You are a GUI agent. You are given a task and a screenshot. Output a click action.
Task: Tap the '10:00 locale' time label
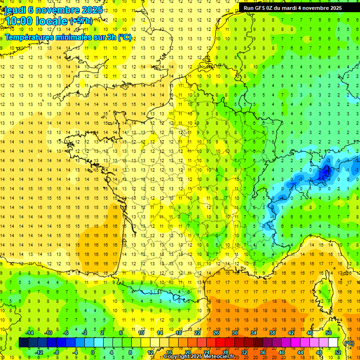(x=37, y=21)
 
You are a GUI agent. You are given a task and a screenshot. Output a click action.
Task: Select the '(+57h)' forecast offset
(x=81, y=21)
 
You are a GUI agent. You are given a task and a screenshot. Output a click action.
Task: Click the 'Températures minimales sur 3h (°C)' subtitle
(x=68, y=37)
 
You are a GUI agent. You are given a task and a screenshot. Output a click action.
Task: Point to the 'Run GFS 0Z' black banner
(x=292, y=7)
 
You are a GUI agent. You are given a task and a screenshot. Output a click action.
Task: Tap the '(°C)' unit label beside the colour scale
(x=349, y=343)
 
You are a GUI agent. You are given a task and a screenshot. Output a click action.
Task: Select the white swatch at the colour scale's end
(x=333, y=343)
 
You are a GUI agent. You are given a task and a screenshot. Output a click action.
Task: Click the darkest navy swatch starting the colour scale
(x=23, y=343)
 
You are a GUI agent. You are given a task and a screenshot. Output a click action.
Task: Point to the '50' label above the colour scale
(x=329, y=333)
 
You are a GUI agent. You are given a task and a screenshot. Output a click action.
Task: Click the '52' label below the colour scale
(x=338, y=352)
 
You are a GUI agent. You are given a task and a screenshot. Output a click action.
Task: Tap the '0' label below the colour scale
(x=93, y=352)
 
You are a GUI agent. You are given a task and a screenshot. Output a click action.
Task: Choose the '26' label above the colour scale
(x=216, y=333)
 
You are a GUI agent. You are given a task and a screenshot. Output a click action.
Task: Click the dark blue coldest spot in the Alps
(x=323, y=173)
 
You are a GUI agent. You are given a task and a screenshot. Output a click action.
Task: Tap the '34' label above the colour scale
(x=254, y=333)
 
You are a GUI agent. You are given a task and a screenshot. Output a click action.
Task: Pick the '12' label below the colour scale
(x=150, y=352)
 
